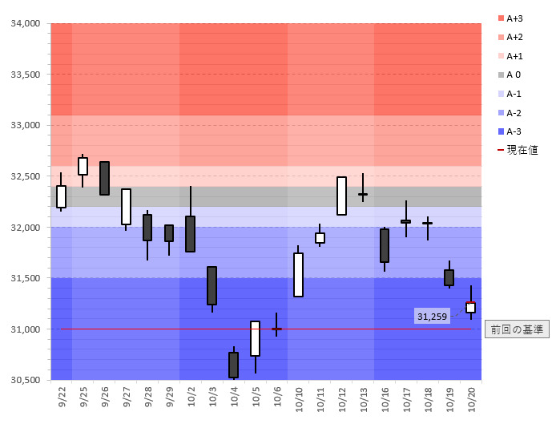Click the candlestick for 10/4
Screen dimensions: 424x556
pyautogui.click(x=233, y=365)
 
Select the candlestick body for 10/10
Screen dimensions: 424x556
pyautogui.click(x=298, y=275)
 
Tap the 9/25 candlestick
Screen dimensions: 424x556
pyautogui.click(x=83, y=166)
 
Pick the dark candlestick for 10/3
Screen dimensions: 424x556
pyautogui.click(x=212, y=285)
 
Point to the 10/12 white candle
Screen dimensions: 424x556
pyautogui.click(x=341, y=196)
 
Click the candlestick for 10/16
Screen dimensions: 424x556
pyautogui.click(x=385, y=245)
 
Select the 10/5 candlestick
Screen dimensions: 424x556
pyautogui.click(x=255, y=338)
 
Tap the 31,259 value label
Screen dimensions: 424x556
pyautogui.click(x=432, y=317)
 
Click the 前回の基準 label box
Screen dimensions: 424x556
pyautogui.click(x=517, y=329)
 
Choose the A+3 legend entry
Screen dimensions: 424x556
pyautogui.click(x=516, y=18)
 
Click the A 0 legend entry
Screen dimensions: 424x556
pyautogui.click(x=513, y=75)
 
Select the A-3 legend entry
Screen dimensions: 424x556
pyautogui.click(x=514, y=131)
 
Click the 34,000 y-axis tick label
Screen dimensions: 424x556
pyautogui.click(x=25, y=23)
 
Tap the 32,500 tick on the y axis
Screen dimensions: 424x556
pyautogui.click(x=25, y=176)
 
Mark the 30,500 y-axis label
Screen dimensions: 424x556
pyautogui.click(x=25, y=380)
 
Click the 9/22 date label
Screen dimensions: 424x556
pyautogui.click(x=62, y=396)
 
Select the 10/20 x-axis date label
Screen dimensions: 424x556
pyautogui.click(x=471, y=398)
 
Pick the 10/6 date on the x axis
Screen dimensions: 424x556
pyautogui.click(x=277, y=396)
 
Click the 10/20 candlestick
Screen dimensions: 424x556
pyautogui.click(x=470, y=307)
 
